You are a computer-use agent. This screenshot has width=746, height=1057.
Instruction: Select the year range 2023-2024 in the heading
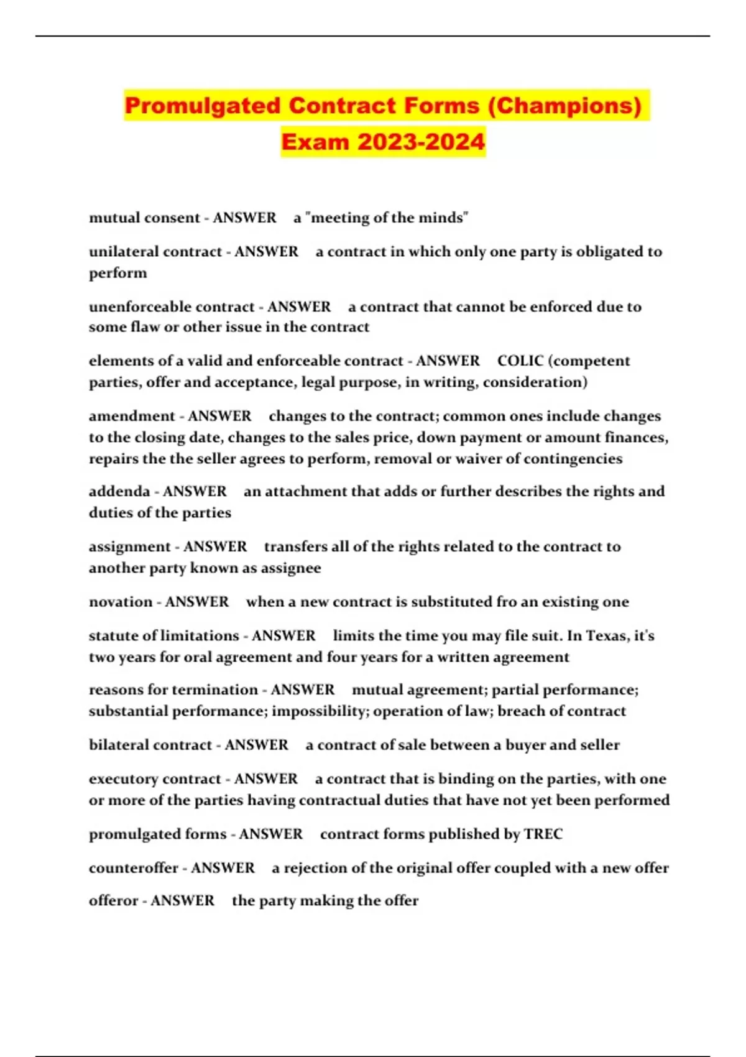421,142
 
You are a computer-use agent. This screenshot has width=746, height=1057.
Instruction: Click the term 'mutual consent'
144,218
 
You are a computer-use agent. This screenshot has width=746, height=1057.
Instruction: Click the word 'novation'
121,602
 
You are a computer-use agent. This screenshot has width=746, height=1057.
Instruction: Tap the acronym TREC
543,834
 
